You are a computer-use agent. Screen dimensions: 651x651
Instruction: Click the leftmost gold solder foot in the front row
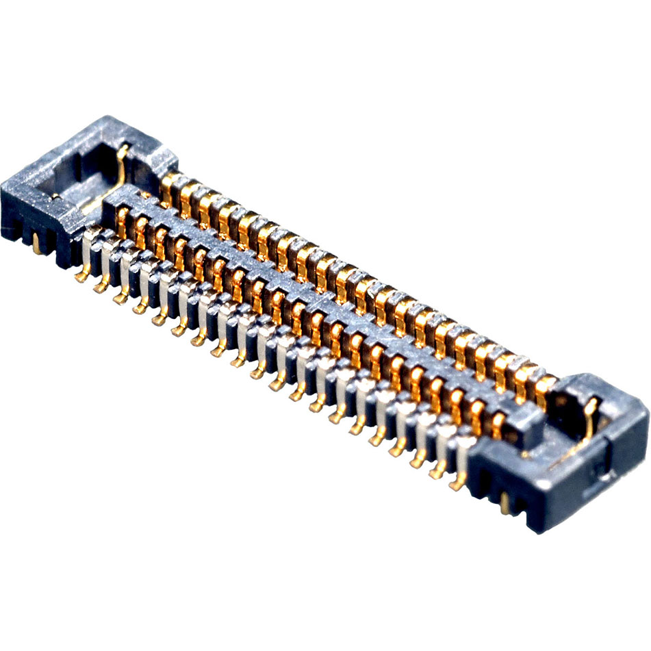click(81, 277)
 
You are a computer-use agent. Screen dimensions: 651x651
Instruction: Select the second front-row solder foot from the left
click(101, 288)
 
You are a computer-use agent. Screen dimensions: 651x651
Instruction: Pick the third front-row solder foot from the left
click(120, 298)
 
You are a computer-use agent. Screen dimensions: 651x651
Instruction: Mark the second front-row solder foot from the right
click(436, 473)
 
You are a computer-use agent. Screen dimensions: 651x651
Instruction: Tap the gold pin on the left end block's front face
click(36, 244)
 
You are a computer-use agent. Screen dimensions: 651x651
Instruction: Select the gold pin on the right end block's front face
click(505, 505)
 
